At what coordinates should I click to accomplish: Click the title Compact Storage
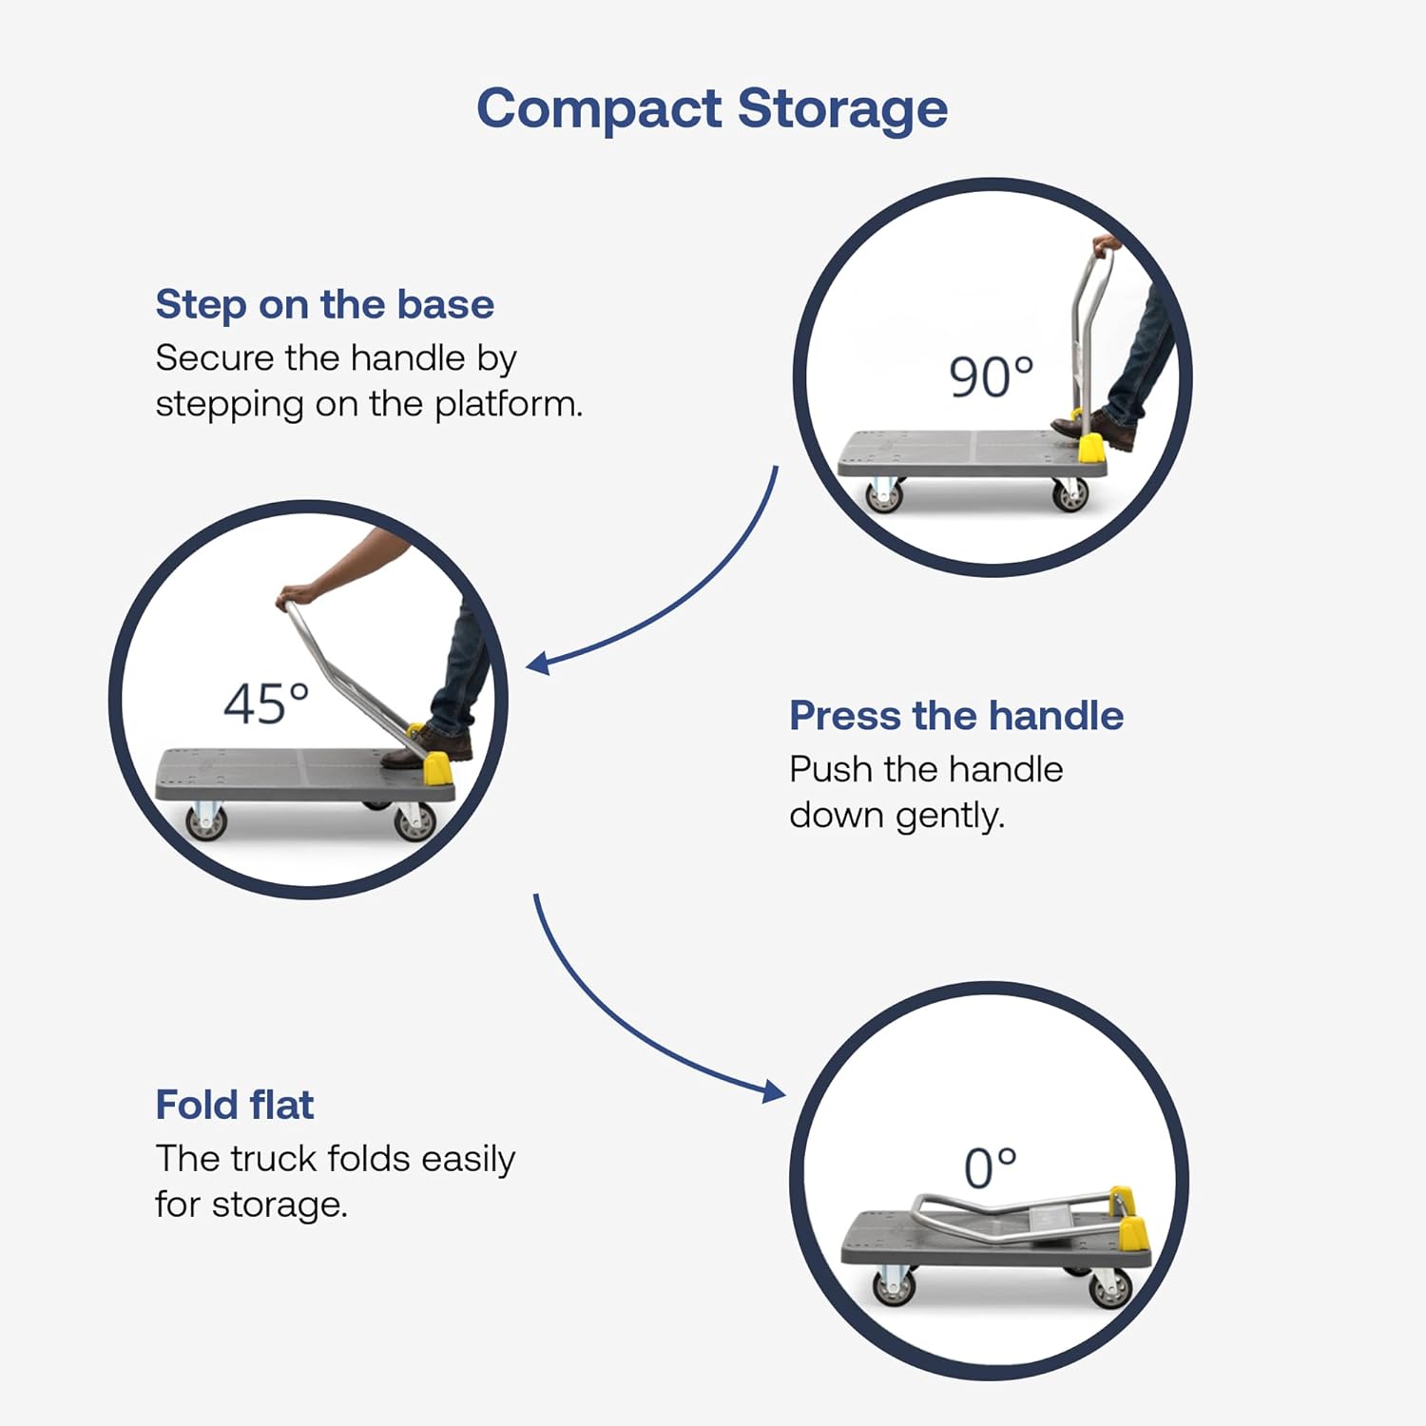pyautogui.click(x=712, y=108)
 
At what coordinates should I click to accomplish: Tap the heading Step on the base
pyautogui.click(x=325, y=304)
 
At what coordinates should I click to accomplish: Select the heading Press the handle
pyautogui.click(x=956, y=716)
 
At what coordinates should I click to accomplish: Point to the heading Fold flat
pyautogui.click(x=235, y=1105)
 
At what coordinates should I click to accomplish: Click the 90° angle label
pyautogui.click(x=991, y=376)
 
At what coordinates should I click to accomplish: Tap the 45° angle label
pyautogui.click(x=266, y=704)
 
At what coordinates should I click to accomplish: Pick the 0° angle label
pyautogui.click(x=990, y=1168)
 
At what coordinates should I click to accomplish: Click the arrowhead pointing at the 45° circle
pyautogui.click(x=537, y=663)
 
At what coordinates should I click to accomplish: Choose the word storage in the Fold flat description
pyautogui.click(x=279, y=1205)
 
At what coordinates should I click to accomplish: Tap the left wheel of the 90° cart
pyautogui.click(x=883, y=495)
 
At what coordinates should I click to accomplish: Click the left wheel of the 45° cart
pyautogui.click(x=205, y=821)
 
